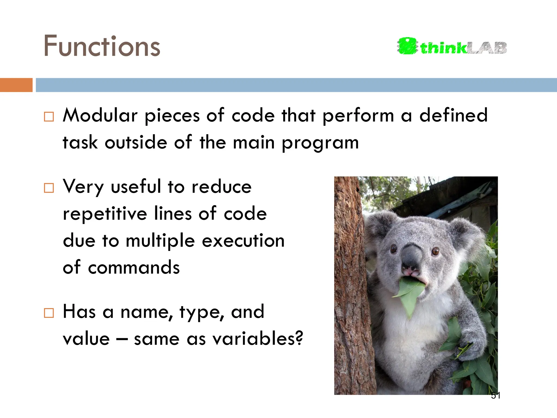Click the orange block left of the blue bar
(x=16, y=85)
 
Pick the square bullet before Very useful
(x=49, y=188)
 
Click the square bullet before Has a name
(x=49, y=313)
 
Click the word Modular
(x=100, y=115)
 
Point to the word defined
(x=453, y=115)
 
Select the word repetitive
(x=105, y=214)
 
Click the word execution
(x=243, y=241)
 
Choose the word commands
(x=134, y=268)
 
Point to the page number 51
(x=496, y=395)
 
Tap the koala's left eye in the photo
(x=394, y=248)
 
